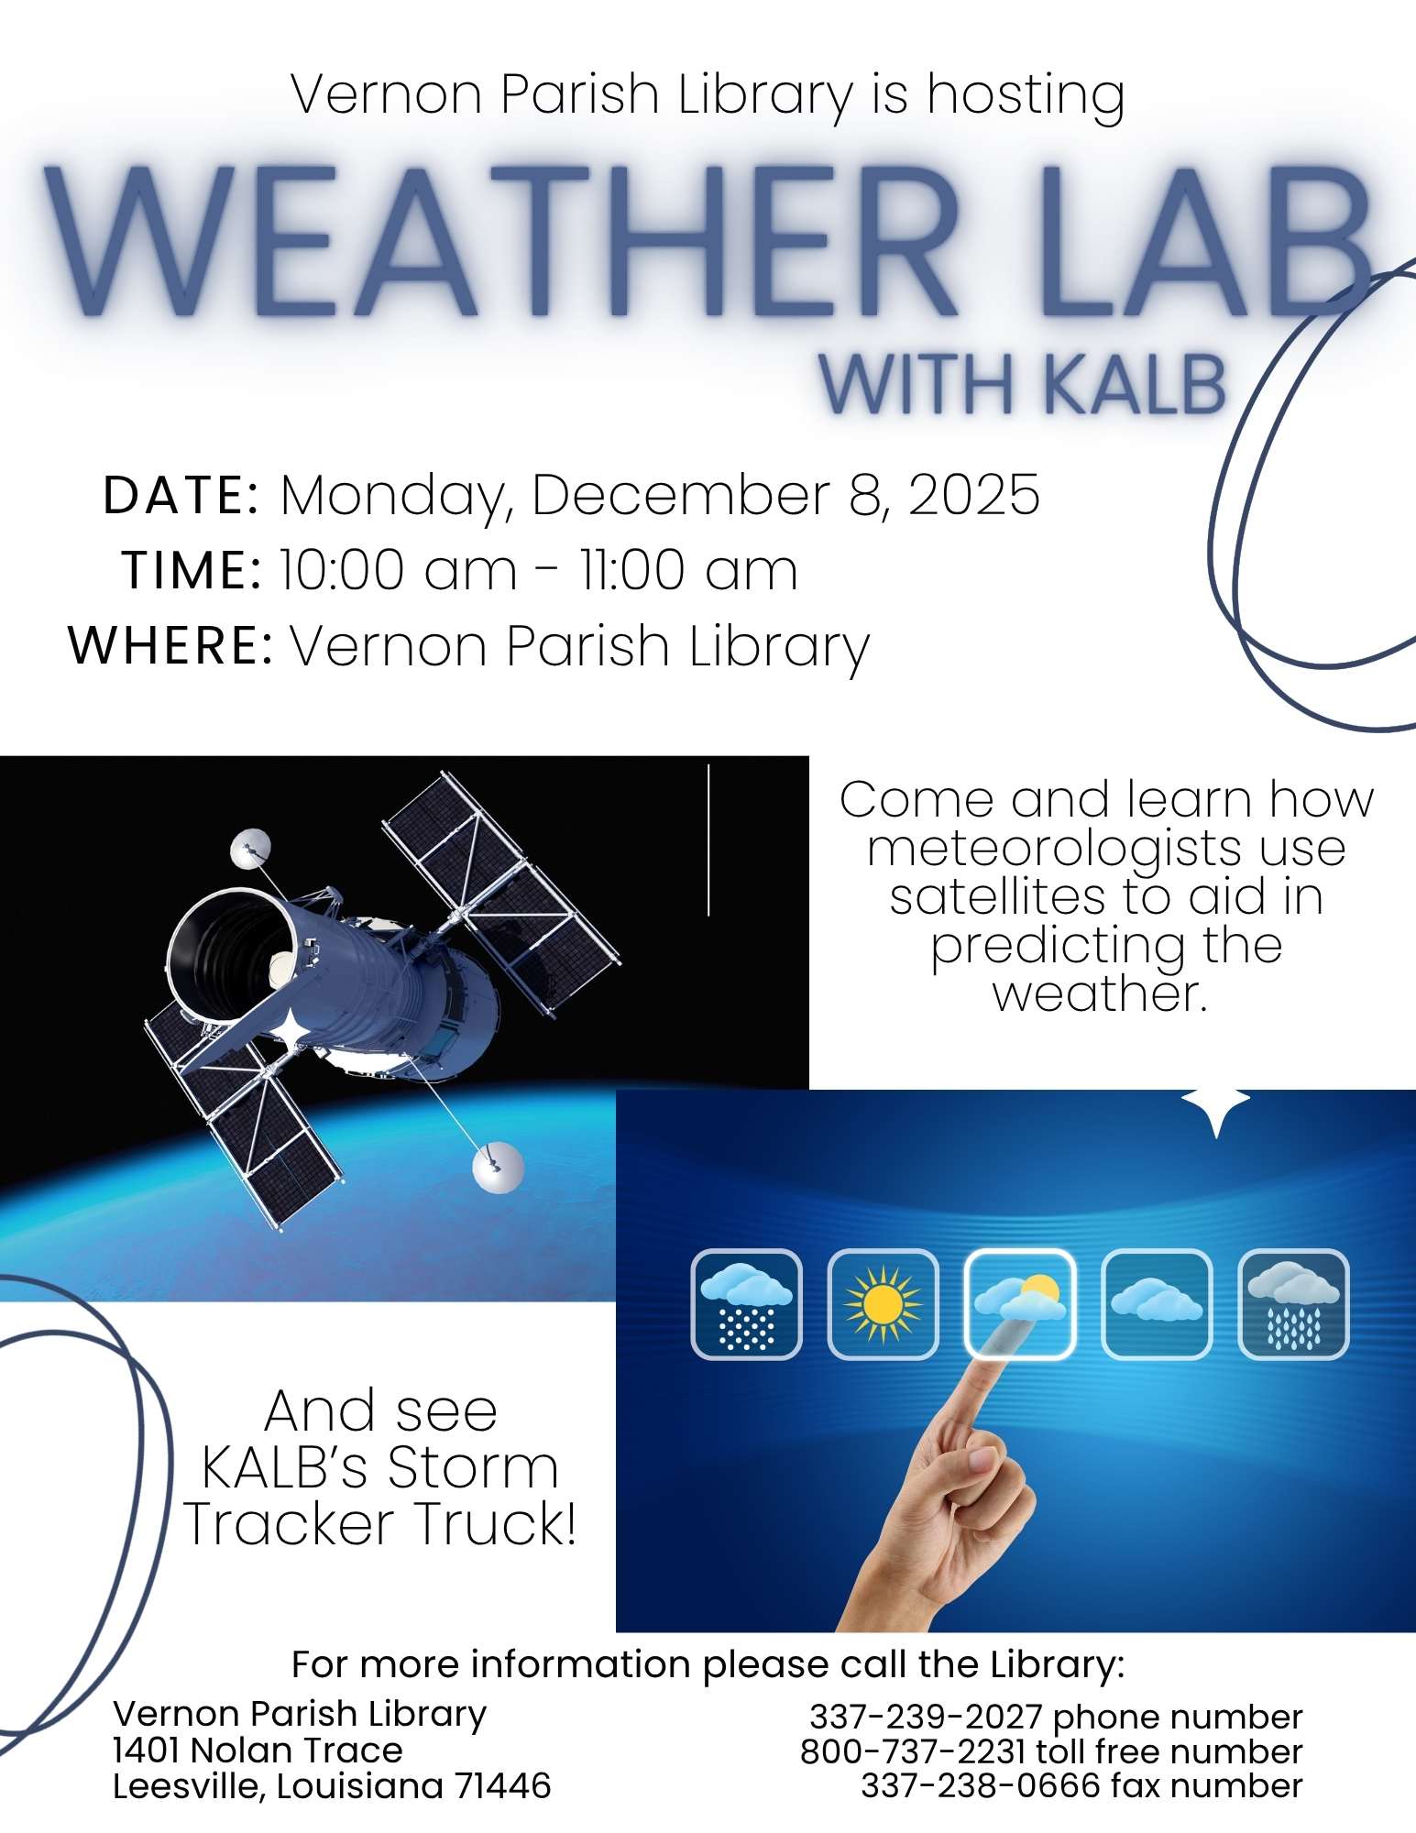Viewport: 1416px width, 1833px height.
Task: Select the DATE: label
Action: point(181,496)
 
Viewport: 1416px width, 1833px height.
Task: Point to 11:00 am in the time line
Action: point(688,570)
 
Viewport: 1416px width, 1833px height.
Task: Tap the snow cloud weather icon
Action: point(746,1304)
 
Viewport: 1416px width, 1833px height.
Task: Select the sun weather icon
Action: point(883,1304)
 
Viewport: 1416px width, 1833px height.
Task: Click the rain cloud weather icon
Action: point(1293,1304)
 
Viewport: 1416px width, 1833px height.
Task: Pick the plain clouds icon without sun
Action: point(1156,1304)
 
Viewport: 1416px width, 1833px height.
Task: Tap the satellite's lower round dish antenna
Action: point(498,1167)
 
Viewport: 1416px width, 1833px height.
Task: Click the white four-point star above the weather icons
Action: point(1215,1105)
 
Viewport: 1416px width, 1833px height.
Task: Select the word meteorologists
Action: point(1105,848)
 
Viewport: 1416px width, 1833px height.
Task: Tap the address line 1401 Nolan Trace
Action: point(258,1751)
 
